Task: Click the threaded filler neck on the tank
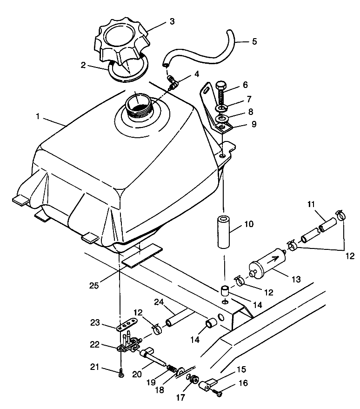coord(138,109)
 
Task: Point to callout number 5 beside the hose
coord(254,41)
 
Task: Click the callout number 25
coord(94,285)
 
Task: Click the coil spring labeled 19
coord(172,369)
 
